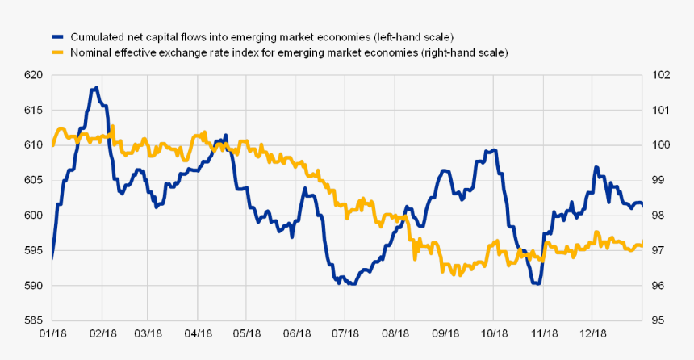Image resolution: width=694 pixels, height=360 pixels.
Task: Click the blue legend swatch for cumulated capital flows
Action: click(56, 37)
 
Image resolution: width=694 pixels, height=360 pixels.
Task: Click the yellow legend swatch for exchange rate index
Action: click(56, 52)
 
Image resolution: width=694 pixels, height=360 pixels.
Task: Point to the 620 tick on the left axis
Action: click(33, 75)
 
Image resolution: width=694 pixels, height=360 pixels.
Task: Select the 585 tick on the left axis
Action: click(33, 320)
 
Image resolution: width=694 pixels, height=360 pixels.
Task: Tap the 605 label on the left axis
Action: click(33, 180)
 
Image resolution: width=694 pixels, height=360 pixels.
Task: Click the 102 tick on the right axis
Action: click(660, 75)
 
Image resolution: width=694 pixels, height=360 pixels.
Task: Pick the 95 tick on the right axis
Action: click(657, 320)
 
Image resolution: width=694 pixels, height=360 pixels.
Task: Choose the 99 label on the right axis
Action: click(657, 180)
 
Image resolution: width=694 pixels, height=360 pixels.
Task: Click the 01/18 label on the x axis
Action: click(52, 333)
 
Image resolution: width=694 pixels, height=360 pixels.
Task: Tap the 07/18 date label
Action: click(345, 333)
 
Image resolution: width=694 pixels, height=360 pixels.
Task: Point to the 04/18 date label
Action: click(198, 333)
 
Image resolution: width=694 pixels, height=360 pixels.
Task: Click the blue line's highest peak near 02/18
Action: click(96, 88)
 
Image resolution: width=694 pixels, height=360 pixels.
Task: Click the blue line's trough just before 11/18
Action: click(536, 283)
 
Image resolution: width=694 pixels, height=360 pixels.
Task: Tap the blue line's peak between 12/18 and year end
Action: click(596, 167)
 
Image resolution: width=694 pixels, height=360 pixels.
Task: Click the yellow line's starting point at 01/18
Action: click(52, 145)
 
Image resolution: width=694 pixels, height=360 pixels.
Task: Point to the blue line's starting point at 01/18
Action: click(52, 258)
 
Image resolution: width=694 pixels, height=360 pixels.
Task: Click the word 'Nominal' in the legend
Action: click(92, 52)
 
